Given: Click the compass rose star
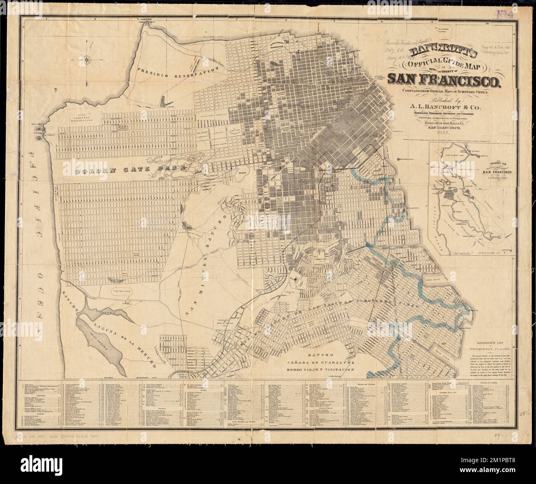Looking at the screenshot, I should [x=88, y=60].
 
